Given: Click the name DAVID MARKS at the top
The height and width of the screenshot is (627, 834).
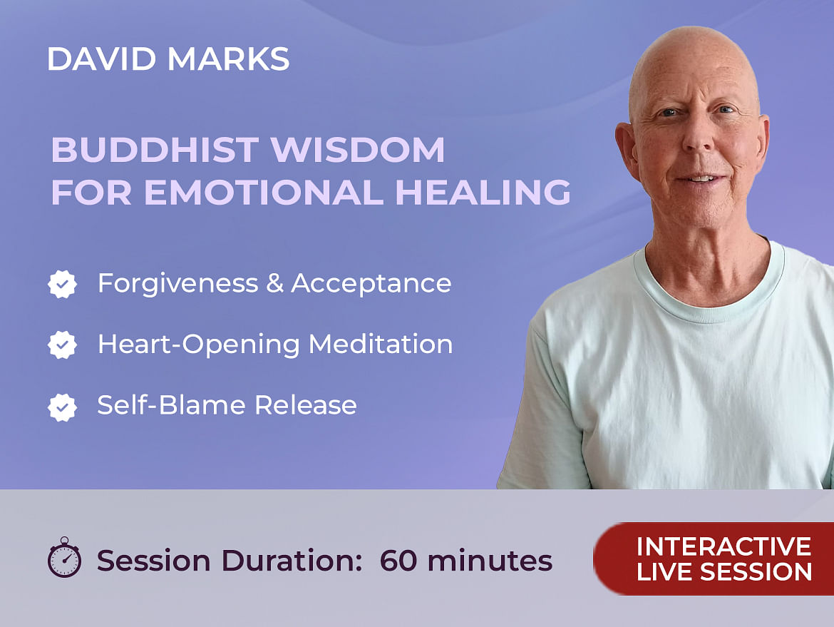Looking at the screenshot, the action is point(168,58).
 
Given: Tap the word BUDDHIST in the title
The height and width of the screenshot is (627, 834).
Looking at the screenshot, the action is point(155,150).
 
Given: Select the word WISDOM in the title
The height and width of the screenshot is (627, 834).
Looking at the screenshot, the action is point(357,150).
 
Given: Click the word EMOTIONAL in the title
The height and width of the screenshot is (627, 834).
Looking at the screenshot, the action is point(264,192).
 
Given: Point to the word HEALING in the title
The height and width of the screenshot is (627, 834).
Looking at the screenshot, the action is point(483,192).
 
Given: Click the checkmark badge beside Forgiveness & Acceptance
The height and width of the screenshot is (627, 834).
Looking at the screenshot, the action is point(62,284).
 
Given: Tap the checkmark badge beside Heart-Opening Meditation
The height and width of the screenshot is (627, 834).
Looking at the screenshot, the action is point(62,345).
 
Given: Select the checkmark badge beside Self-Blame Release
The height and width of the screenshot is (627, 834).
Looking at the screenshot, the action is point(62,407).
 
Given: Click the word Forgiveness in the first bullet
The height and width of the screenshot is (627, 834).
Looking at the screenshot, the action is point(177,284).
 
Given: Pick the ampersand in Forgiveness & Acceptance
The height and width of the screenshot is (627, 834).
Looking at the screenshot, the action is point(274,283).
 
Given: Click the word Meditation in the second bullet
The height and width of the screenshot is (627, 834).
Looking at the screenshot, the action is point(381,345).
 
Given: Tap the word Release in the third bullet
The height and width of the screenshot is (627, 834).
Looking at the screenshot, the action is point(305,405).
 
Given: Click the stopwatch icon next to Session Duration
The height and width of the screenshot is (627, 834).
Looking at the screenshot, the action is point(64,557).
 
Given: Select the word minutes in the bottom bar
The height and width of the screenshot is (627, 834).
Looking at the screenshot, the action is point(490,561).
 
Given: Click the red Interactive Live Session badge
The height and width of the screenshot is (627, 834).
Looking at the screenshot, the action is point(714,559).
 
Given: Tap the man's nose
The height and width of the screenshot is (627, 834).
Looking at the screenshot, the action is point(697,136).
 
